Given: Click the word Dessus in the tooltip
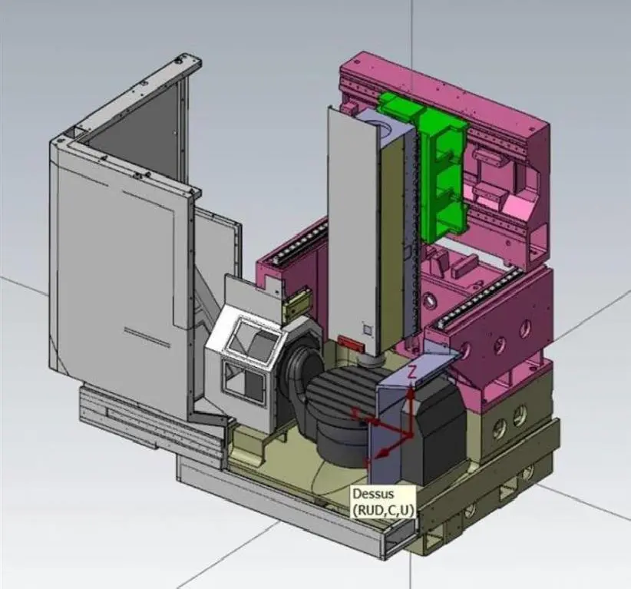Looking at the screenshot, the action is [373, 494].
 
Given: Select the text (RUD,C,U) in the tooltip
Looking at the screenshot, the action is [382, 510].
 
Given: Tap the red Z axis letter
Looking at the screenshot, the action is [411, 372].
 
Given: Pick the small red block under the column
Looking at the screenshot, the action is [350, 343].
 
